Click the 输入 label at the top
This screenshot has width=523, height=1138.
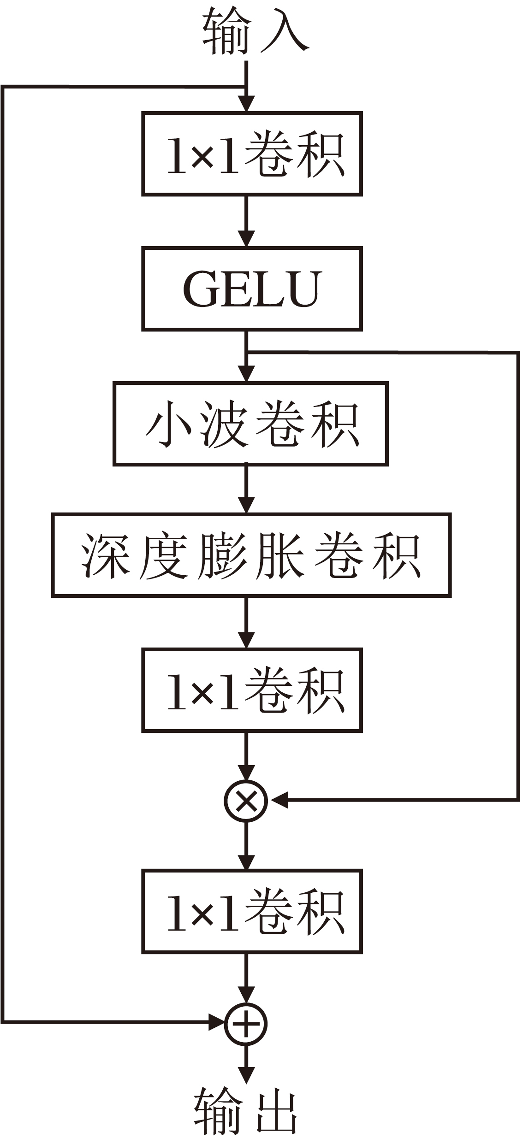point(255,31)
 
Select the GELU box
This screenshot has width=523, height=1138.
point(251,289)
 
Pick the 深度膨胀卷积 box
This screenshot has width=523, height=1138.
point(251,555)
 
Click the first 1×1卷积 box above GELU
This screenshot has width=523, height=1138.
point(251,153)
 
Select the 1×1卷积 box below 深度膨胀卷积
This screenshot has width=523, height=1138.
point(251,690)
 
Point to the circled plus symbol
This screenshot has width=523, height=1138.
point(246,1024)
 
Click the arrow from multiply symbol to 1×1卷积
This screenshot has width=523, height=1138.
point(246,846)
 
